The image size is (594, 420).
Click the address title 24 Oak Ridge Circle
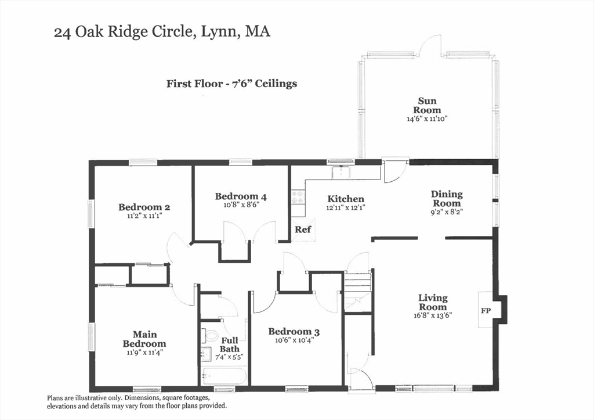tap(162, 32)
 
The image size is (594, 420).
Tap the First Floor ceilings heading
tap(231, 84)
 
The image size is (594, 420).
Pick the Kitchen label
tap(345, 199)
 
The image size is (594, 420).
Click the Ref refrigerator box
tap(302, 229)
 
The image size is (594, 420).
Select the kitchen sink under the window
tap(341, 172)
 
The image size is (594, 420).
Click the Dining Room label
tap(446, 199)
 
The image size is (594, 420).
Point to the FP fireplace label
tap(486, 311)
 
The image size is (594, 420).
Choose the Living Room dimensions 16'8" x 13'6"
tap(432, 315)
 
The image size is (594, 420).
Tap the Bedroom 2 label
tap(144, 207)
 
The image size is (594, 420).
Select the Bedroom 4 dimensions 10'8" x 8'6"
tap(241, 204)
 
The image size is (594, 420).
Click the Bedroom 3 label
tap(294, 332)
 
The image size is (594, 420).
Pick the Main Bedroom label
tap(144, 339)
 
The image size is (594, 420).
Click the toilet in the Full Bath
tap(209, 336)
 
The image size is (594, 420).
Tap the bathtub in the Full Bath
tap(224, 376)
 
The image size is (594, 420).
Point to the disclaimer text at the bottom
tap(136, 402)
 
